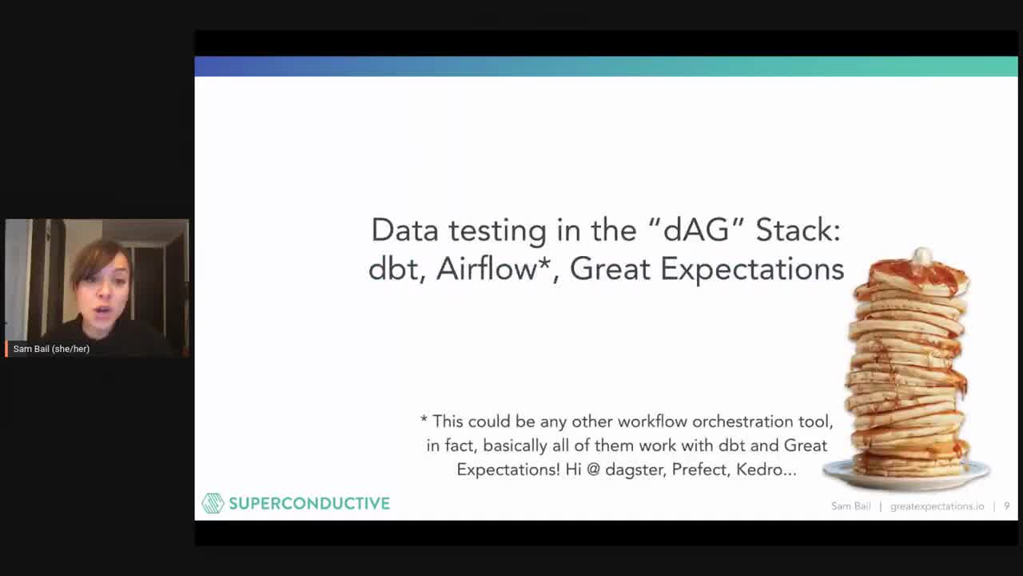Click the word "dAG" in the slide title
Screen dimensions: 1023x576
[x=696, y=230]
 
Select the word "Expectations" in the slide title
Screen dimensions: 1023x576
[x=752, y=270]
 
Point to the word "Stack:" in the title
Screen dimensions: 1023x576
[x=798, y=230]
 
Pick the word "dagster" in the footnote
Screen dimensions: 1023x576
[x=635, y=470]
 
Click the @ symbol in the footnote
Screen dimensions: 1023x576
[x=593, y=470]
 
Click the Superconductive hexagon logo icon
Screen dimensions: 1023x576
[x=213, y=503]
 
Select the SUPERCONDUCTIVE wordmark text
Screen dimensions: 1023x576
[x=309, y=504]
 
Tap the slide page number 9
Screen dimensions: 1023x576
[x=1006, y=506]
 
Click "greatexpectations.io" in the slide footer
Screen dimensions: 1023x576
[x=937, y=506]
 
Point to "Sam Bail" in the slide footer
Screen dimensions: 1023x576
[x=851, y=506]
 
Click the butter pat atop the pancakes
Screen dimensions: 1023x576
[x=922, y=255]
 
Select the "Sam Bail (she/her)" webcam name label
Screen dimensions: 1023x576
[x=51, y=349]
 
